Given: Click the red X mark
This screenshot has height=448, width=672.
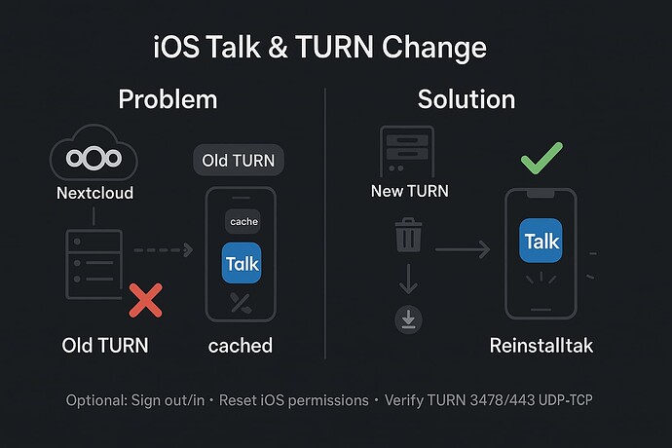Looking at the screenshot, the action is [x=146, y=300].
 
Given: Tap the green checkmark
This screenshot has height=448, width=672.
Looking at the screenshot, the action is [x=541, y=160].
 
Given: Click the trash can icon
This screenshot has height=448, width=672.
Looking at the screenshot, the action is [x=408, y=235].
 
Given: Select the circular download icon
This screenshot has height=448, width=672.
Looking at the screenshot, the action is [x=408, y=319].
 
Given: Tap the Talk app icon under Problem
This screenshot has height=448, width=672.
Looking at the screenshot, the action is [x=242, y=263].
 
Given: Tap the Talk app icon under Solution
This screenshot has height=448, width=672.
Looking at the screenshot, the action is [x=541, y=241].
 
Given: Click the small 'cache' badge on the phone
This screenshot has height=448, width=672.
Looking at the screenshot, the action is [x=243, y=221].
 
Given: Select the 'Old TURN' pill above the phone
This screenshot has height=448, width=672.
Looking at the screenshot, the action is [x=239, y=161].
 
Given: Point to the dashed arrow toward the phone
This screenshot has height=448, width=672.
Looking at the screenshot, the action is [x=164, y=249].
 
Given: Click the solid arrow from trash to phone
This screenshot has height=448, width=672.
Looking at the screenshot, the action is [x=463, y=249].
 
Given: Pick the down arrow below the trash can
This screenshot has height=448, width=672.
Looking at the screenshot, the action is [x=408, y=279].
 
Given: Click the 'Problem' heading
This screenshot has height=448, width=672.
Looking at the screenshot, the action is [x=168, y=99].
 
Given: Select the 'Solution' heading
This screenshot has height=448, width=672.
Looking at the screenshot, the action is [x=467, y=99].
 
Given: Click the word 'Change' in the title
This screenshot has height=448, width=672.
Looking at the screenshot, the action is [x=434, y=47].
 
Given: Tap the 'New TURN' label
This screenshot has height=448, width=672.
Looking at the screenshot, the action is [x=410, y=191].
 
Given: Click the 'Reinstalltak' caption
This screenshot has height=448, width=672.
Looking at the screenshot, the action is [x=541, y=345].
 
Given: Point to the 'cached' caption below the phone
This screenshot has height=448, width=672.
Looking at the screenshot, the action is [x=240, y=346].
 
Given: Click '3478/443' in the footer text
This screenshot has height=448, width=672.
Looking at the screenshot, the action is [x=503, y=400].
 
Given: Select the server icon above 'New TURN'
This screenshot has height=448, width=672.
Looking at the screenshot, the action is [x=407, y=151].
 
